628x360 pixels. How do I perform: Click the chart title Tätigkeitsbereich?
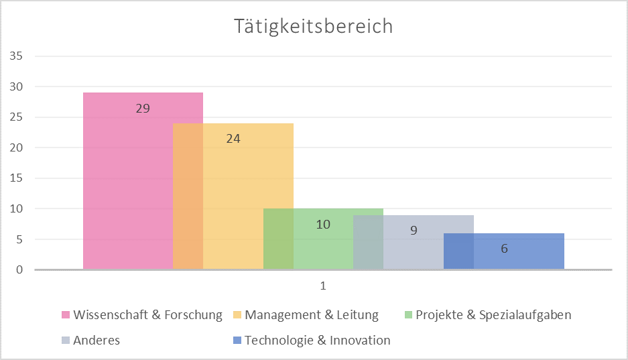313,26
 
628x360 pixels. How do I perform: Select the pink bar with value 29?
127,188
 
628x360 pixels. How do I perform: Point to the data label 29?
143,108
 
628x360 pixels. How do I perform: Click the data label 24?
233,139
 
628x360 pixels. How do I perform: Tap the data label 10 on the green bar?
323,225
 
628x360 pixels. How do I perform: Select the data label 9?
414,231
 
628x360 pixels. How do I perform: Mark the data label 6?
504,249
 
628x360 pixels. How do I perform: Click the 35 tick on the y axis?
17,56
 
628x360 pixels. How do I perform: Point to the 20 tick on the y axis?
17,148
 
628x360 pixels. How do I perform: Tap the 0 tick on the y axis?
19,270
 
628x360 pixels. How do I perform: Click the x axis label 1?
322,286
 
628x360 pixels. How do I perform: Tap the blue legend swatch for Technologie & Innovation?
237,341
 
